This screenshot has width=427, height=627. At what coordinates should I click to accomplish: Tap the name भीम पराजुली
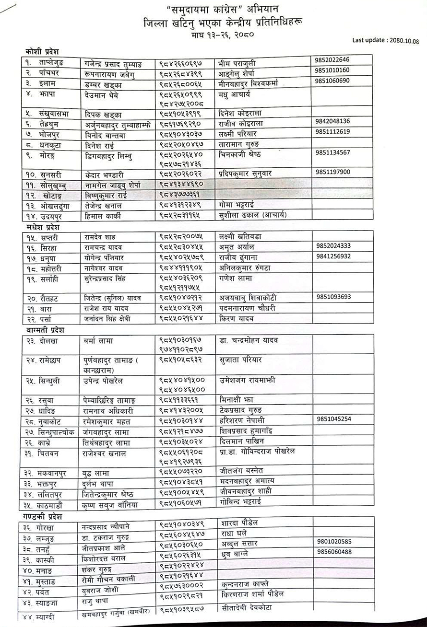coord(238,63)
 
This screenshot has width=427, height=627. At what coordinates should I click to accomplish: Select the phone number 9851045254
coord(334,418)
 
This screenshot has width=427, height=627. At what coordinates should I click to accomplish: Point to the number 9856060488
coord(334,552)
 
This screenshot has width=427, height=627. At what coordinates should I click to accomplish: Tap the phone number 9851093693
coord(334,297)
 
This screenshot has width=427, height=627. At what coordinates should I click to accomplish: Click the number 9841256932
coord(333,256)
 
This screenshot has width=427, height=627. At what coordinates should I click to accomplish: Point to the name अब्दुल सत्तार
coord(239,544)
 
